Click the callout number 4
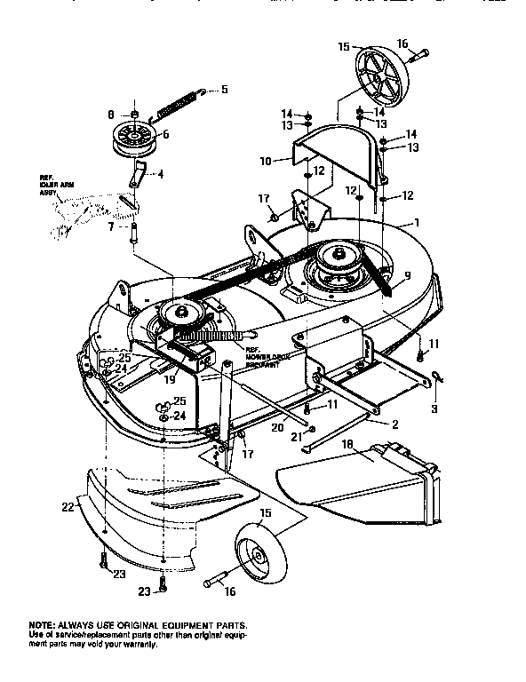pos(160,174)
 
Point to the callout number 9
pos(404,276)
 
